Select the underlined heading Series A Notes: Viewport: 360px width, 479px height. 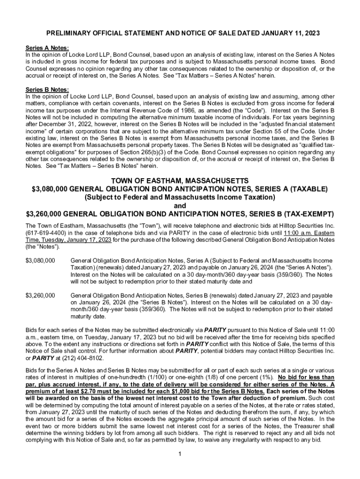coord(47,48)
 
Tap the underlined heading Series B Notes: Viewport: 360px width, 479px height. coord(47,90)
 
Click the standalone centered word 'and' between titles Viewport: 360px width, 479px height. coord(180,206)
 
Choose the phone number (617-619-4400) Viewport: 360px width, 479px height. coord(46,232)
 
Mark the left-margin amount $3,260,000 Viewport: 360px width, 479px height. coord(40,296)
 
